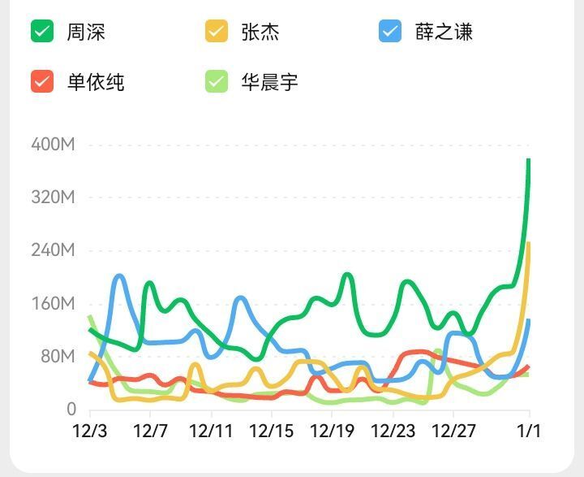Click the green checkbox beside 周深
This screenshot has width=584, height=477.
[x=42, y=31]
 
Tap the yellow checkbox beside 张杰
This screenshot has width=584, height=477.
[x=217, y=31]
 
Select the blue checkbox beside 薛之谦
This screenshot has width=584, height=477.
[x=390, y=31]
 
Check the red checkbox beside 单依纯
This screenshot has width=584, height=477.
[x=42, y=81]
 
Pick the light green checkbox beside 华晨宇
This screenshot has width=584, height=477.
[x=217, y=81]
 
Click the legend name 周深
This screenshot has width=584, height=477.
[x=86, y=32]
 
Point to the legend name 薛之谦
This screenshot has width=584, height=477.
[x=444, y=32]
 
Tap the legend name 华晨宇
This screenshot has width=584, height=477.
[x=269, y=82]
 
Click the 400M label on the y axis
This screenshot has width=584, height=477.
[x=53, y=145]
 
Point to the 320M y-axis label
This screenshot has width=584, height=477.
[x=53, y=197]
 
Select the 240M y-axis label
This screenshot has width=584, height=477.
[x=53, y=250]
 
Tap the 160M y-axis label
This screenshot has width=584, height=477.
[x=53, y=304]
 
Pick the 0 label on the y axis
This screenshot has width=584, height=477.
[x=71, y=410]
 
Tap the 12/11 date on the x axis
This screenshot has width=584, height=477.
[x=211, y=431]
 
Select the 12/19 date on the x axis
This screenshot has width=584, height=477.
[x=333, y=431]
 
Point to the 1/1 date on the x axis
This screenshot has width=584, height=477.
[x=529, y=431]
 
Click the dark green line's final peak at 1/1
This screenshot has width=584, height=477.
[x=529, y=159]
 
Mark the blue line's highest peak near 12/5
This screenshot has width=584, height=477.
[x=119, y=277]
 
